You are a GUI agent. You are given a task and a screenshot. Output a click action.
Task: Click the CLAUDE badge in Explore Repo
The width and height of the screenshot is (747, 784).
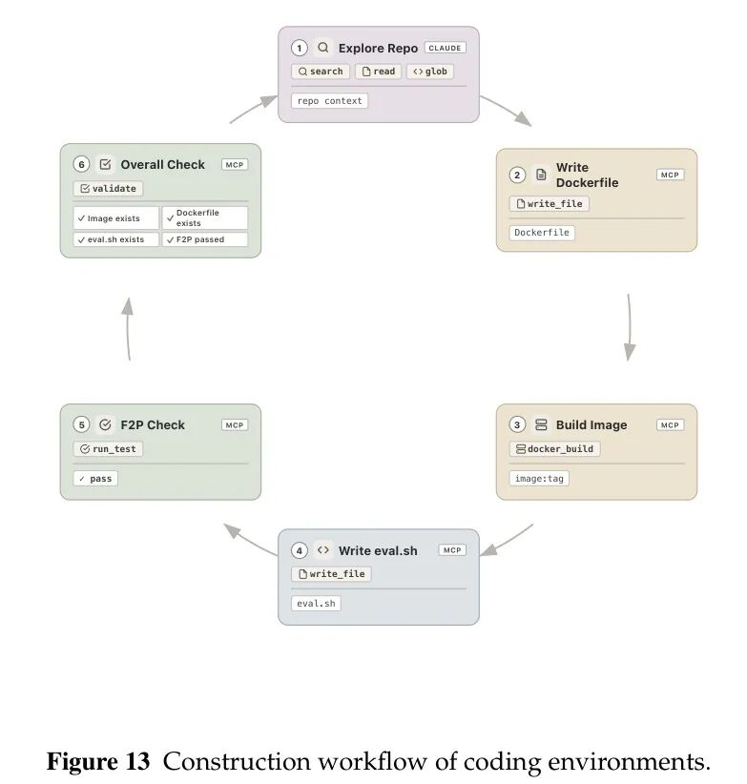[x=445, y=48]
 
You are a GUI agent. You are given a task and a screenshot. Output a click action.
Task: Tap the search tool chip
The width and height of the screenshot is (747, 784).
[x=321, y=72]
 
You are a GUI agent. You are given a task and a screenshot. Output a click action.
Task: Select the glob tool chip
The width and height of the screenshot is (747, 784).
[x=430, y=72]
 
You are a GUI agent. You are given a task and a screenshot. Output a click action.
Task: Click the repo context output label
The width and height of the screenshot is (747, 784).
[x=329, y=101]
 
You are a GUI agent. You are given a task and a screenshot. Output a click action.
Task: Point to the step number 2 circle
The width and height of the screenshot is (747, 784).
[x=517, y=175]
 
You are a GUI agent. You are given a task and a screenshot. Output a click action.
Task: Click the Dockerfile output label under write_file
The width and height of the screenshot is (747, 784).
[x=542, y=233]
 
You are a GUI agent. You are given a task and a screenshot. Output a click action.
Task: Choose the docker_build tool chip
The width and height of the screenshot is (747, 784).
[x=554, y=449]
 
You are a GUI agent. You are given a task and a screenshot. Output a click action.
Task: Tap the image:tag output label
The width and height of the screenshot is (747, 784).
[x=539, y=479]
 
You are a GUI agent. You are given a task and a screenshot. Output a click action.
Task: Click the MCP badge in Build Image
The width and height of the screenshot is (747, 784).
[x=670, y=425]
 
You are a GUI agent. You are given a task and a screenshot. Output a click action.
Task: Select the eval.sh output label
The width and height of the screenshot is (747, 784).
[x=316, y=604]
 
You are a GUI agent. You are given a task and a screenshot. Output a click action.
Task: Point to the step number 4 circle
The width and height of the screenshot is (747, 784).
[x=299, y=550]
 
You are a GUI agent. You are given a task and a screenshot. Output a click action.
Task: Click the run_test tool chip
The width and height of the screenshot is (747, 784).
[x=108, y=449]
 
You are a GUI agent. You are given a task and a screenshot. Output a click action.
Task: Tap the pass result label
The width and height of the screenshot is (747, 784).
[x=95, y=479]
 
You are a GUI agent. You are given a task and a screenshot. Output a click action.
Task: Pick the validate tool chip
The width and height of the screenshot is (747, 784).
[x=108, y=189]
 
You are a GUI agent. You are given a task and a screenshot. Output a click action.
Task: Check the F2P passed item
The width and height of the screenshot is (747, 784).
[x=205, y=239]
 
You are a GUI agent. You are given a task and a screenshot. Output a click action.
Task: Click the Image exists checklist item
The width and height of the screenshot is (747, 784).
[x=116, y=218]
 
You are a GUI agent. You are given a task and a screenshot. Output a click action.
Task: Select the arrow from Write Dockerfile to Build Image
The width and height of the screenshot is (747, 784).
[x=630, y=327]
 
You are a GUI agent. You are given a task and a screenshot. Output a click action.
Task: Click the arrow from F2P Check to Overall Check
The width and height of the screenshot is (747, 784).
[x=128, y=328]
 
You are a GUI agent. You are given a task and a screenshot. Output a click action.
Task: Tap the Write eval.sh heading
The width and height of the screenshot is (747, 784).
[x=378, y=550]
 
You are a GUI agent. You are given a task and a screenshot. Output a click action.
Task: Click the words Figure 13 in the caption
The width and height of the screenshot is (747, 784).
[x=98, y=761]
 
